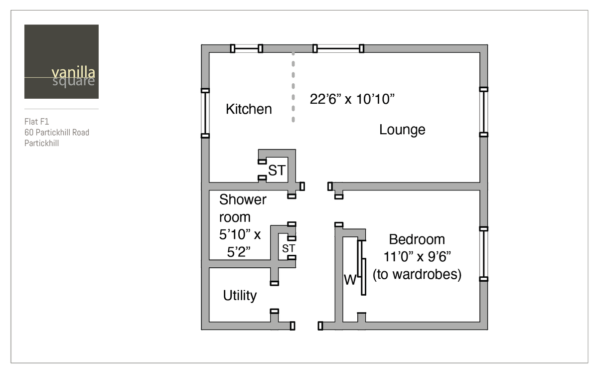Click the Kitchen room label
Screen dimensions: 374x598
point(249,109)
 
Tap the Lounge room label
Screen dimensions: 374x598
point(402,130)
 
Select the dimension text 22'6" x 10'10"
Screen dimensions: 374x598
point(352,99)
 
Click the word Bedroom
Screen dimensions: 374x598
point(417,239)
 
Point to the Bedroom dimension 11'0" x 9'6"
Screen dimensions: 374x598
point(417,257)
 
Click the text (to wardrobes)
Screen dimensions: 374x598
point(417,274)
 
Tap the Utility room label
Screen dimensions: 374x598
point(240,295)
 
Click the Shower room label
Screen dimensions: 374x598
point(243,208)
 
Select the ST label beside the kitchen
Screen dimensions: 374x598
point(277,171)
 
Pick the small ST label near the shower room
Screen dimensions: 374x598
point(289,248)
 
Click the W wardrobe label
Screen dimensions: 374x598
point(350,280)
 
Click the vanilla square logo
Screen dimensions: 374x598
point(61,62)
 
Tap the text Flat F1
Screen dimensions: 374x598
point(37,121)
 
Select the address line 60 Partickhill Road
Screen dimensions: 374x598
point(57,132)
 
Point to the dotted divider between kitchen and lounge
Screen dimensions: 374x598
point(293,87)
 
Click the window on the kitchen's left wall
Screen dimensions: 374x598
point(205,113)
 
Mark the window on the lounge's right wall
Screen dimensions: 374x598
point(483,112)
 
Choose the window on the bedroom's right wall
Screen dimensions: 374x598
point(483,253)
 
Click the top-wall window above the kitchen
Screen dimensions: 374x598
point(247,48)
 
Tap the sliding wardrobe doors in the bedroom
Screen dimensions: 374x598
point(362,267)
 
